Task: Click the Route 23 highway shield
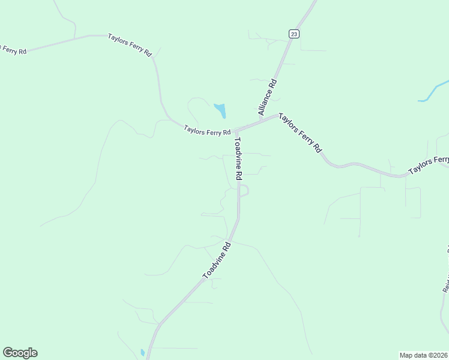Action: tap(294, 34)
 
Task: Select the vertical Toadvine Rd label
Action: tap(238, 159)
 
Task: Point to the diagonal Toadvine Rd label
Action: tap(217, 260)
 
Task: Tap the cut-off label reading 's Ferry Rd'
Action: tap(13, 50)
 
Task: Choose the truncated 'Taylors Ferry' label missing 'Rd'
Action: tap(429, 165)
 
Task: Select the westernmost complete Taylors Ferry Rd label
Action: tap(130, 44)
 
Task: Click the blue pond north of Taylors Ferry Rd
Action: tap(220, 110)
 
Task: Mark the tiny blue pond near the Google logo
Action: tap(142, 352)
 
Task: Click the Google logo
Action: tap(20, 353)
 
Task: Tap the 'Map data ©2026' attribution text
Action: tap(423, 355)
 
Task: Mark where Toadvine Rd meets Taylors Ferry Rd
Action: tap(236, 131)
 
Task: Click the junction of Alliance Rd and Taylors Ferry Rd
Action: tap(277, 115)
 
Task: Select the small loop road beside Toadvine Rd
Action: tap(244, 190)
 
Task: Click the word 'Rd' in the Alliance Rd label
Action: tap(273, 84)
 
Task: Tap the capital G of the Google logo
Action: tap(8, 353)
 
